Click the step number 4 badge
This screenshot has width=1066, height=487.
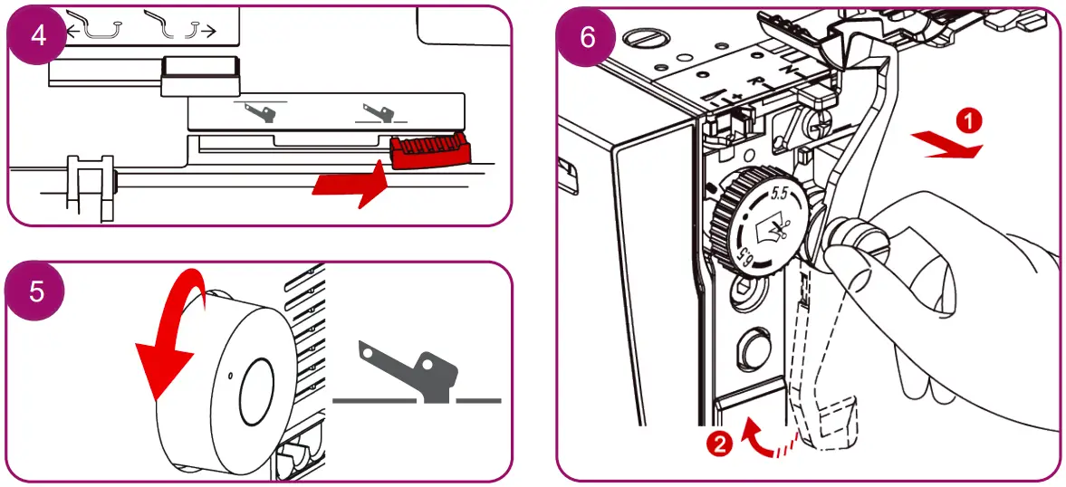(x=35, y=35)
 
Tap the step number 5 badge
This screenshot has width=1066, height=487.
(x=35, y=291)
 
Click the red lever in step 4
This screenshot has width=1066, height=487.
(x=431, y=149)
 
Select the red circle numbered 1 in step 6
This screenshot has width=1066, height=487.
(x=969, y=119)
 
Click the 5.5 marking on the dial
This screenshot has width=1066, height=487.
(x=776, y=194)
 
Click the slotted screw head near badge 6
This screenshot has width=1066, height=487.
(x=642, y=40)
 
